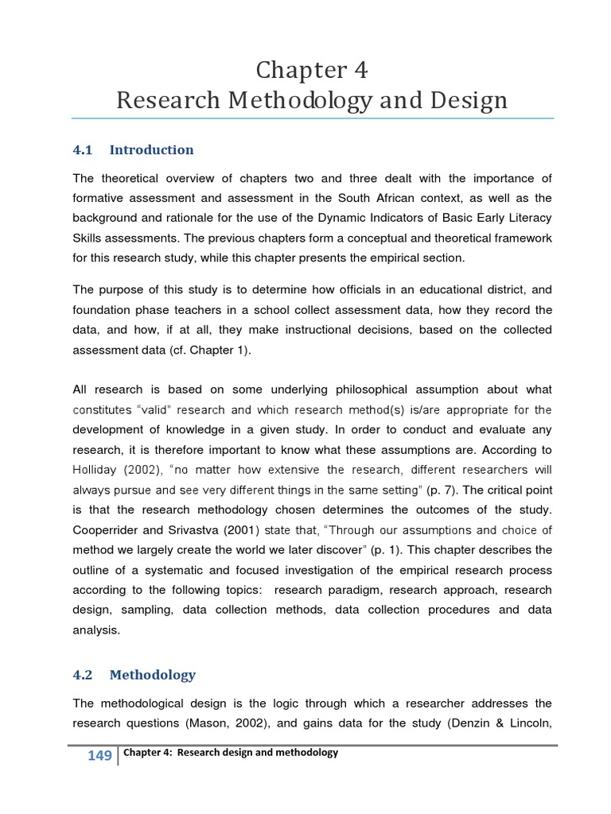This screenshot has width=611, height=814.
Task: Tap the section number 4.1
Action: point(83,149)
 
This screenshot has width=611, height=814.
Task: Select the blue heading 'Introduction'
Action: point(151,149)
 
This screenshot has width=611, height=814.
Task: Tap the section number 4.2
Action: point(83,675)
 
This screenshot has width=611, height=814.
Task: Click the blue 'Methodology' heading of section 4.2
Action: point(152,675)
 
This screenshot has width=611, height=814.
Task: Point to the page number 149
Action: point(99,756)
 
